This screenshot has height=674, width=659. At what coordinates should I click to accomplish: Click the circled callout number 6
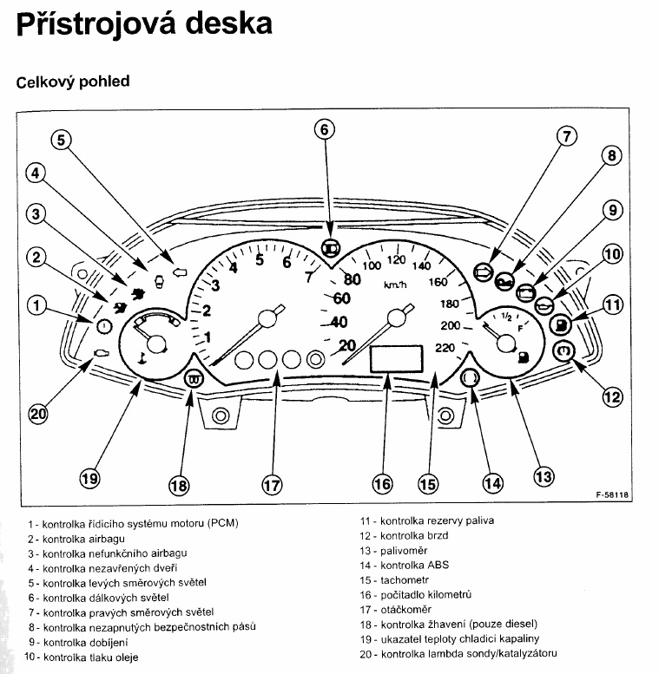pos(323,130)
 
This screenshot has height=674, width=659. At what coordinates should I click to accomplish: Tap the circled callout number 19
pos(90,478)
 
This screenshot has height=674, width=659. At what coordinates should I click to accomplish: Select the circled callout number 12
pos(612,396)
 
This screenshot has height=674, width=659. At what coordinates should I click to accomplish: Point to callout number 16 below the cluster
pos(382,484)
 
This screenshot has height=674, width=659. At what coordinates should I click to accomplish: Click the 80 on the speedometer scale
pos(351,279)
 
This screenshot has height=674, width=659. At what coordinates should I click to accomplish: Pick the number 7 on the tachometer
pos(308,278)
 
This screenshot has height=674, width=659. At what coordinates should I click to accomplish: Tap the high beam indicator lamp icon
pos(330,247)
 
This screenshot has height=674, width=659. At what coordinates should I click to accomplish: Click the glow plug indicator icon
pos(194,378)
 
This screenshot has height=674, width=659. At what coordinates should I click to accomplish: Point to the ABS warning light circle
pos(471,378)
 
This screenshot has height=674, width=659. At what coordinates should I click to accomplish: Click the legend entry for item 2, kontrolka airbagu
pos(74,538)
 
